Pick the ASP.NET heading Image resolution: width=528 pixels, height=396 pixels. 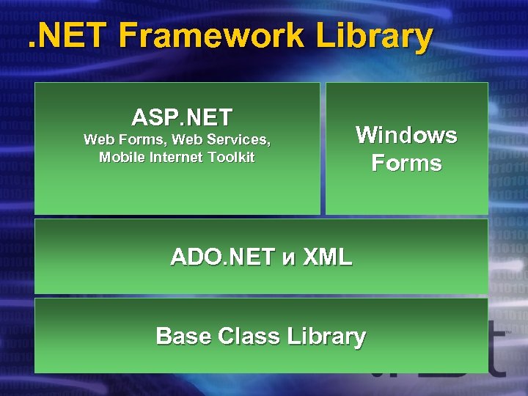click(182, 117)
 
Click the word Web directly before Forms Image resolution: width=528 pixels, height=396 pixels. click(99, 139)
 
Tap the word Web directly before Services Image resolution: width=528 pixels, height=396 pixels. click(184, 139)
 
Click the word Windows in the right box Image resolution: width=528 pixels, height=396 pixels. click(406, 135)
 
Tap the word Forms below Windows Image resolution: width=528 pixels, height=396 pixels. click(406, 163)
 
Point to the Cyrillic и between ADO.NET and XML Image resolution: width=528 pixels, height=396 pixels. click(289, 258)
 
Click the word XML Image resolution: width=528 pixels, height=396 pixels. click(327, 257)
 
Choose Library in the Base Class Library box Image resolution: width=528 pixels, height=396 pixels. click(326, 337)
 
